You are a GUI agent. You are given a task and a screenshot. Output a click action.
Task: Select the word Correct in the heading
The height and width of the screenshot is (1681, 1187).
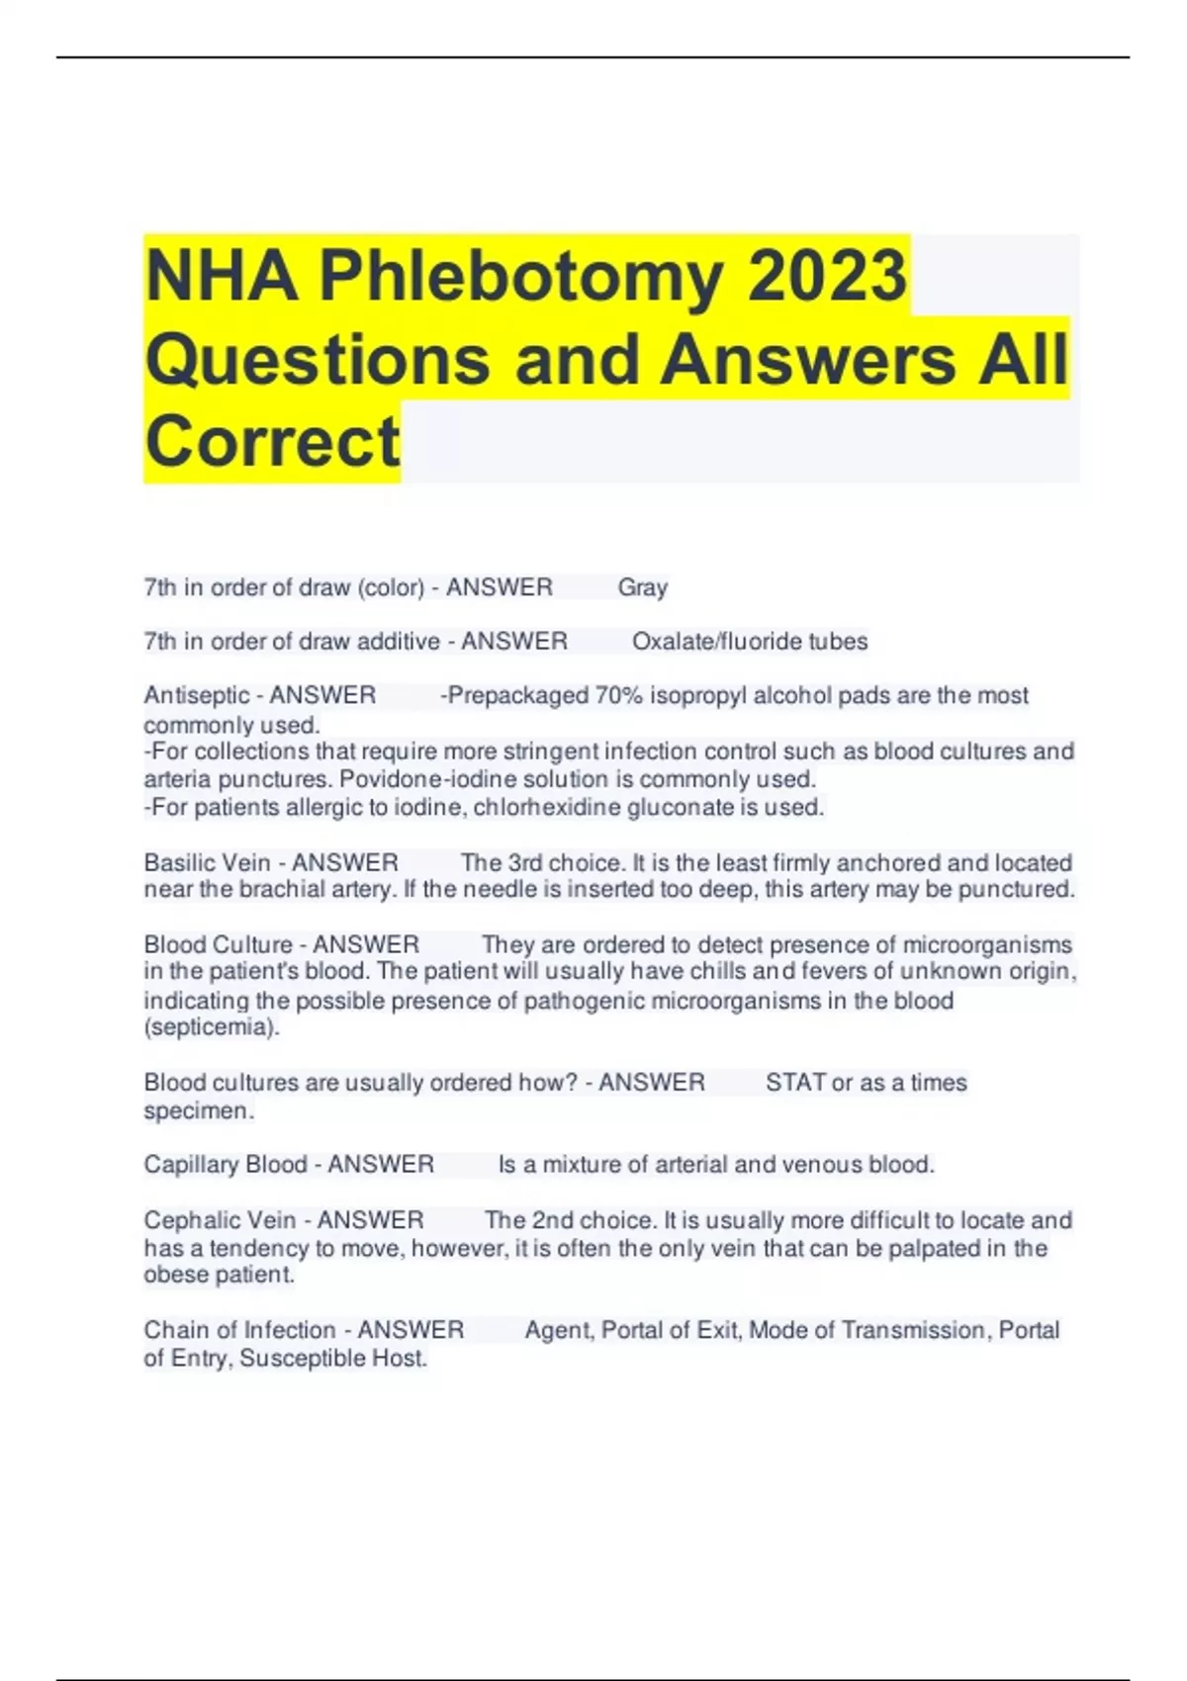(272, 441)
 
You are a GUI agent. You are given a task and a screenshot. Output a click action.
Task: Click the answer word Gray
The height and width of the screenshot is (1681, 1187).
(643, 587)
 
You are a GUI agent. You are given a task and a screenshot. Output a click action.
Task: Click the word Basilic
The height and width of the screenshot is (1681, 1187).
(176, 862)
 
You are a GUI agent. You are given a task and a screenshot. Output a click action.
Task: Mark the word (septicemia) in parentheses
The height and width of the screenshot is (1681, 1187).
(212, 1027)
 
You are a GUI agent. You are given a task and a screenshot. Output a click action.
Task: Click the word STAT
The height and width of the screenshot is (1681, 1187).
(795, 1083)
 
